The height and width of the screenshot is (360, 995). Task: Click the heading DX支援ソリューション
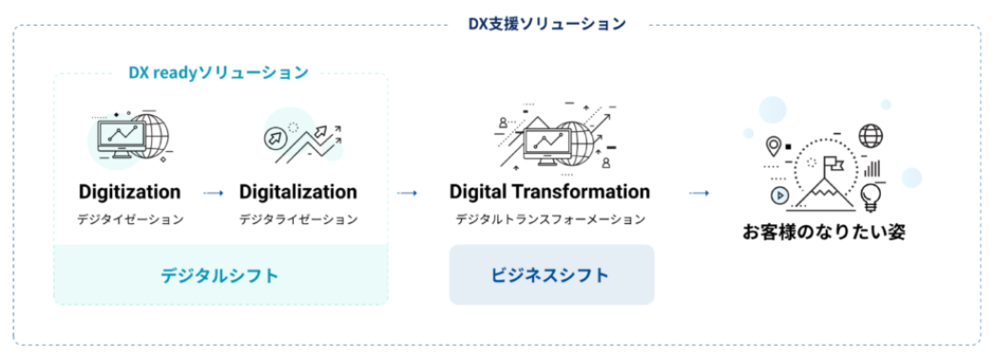(547, 24)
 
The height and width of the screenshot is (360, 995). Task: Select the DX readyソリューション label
(219, 73)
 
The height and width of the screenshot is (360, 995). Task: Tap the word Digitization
(129, 192)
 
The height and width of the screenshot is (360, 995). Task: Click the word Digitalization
(298, 192)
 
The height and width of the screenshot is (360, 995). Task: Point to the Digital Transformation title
(549, 191)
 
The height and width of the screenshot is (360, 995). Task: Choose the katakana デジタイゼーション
(130, 219)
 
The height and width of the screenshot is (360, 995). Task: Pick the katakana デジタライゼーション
(298, 219)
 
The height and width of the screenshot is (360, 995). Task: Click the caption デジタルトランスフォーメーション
(550, 219)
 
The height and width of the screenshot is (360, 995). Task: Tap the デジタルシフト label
(220, 275)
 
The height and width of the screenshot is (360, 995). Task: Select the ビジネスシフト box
(551, 275)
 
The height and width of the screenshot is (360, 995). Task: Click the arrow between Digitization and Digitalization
(213, 193)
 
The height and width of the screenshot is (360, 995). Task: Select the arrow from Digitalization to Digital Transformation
(407, 193)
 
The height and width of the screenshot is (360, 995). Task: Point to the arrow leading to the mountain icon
(698, 193)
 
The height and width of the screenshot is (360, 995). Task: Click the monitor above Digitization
(122, 140)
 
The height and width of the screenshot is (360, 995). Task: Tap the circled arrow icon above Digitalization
(274, 137)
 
